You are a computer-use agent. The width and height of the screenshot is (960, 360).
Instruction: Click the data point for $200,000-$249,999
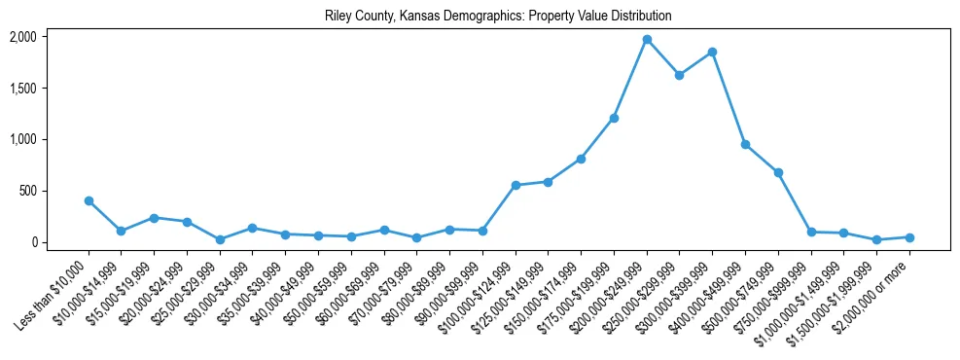647,39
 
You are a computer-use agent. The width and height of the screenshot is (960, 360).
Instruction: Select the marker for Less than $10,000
89,200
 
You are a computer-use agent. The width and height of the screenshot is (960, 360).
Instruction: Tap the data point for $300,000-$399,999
712,52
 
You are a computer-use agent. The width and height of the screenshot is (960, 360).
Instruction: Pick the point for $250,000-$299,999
679,75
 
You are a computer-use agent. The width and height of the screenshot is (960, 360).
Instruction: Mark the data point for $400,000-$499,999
745,144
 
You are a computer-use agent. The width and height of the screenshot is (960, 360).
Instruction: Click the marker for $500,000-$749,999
778,172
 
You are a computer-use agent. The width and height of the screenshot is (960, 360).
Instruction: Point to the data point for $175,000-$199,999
614,118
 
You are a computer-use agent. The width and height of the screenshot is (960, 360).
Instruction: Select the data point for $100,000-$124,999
516,185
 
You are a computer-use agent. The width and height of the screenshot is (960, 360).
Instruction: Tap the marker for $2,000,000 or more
909,237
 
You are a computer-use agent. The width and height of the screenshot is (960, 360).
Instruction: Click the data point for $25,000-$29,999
220,239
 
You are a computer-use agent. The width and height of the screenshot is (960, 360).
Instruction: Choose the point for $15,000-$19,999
154,218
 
